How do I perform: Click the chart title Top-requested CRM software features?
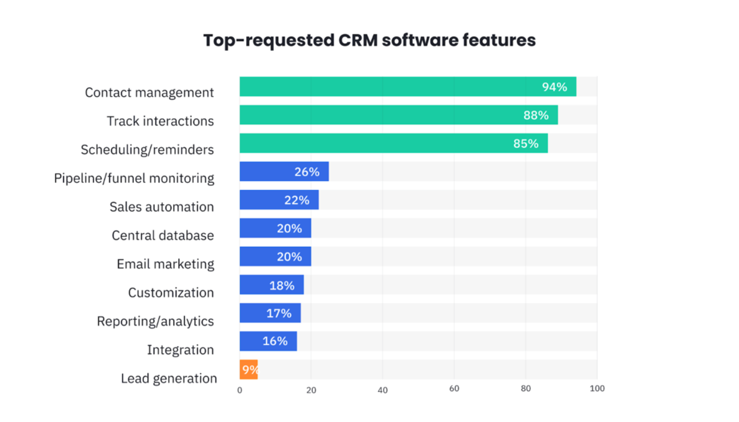[369, 40]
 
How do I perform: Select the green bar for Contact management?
[385, 87]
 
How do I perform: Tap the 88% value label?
[536, 115]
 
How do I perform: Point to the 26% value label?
[307, 172]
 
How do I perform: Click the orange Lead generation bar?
[248, 370]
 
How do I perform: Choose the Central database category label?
[162, 235]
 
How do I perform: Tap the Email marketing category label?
[165, 264]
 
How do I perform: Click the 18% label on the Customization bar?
[282, 285]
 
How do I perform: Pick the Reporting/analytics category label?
[155, 321]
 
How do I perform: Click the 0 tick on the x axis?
[239, 390]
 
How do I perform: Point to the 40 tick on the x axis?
[382, 390]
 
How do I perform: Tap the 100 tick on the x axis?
[597, 389]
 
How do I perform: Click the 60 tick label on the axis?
[454, 389]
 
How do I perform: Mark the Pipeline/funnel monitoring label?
[134, 178]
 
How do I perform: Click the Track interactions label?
[160, 121]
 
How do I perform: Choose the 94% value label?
[554, 87]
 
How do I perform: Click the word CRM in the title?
[358, 40]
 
